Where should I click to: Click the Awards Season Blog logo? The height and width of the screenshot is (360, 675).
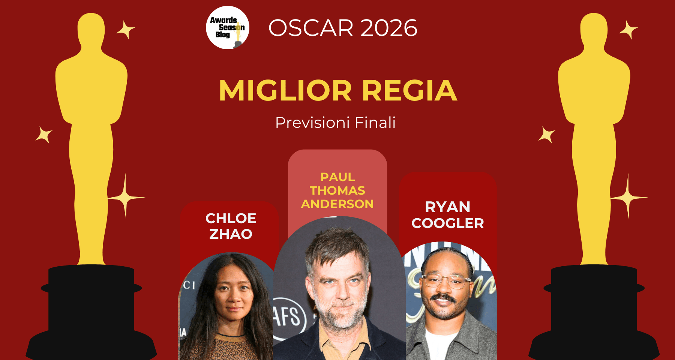(228, 28)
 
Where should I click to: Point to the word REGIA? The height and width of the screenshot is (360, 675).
(409, 90)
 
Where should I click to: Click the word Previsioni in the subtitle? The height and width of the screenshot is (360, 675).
(312, 123)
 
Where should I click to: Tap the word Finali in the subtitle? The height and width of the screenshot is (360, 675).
(375, 122)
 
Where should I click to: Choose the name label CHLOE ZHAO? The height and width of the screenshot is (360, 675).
(231, 226)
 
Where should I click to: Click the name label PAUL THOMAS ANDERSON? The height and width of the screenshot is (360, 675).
(337, 190)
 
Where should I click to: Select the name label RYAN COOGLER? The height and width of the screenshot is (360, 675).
(448, 215)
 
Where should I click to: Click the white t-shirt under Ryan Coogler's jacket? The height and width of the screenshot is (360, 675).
(440, 344)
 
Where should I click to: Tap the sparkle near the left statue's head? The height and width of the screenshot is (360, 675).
(126, 30)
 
